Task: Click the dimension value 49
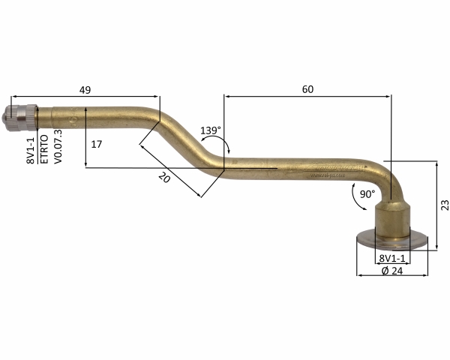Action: tap(85, 90)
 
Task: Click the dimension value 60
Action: tap(307, 89)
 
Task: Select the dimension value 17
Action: tap(97, 144)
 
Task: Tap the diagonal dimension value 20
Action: tap(164, 178)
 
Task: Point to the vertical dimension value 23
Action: tap(445, 205)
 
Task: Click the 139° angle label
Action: tap(211, 130)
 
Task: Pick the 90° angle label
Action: tap(367, 194)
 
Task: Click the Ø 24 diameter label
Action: tap(392, 271)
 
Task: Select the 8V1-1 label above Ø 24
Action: tap(392, 258)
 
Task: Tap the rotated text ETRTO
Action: tap(45, 149)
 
